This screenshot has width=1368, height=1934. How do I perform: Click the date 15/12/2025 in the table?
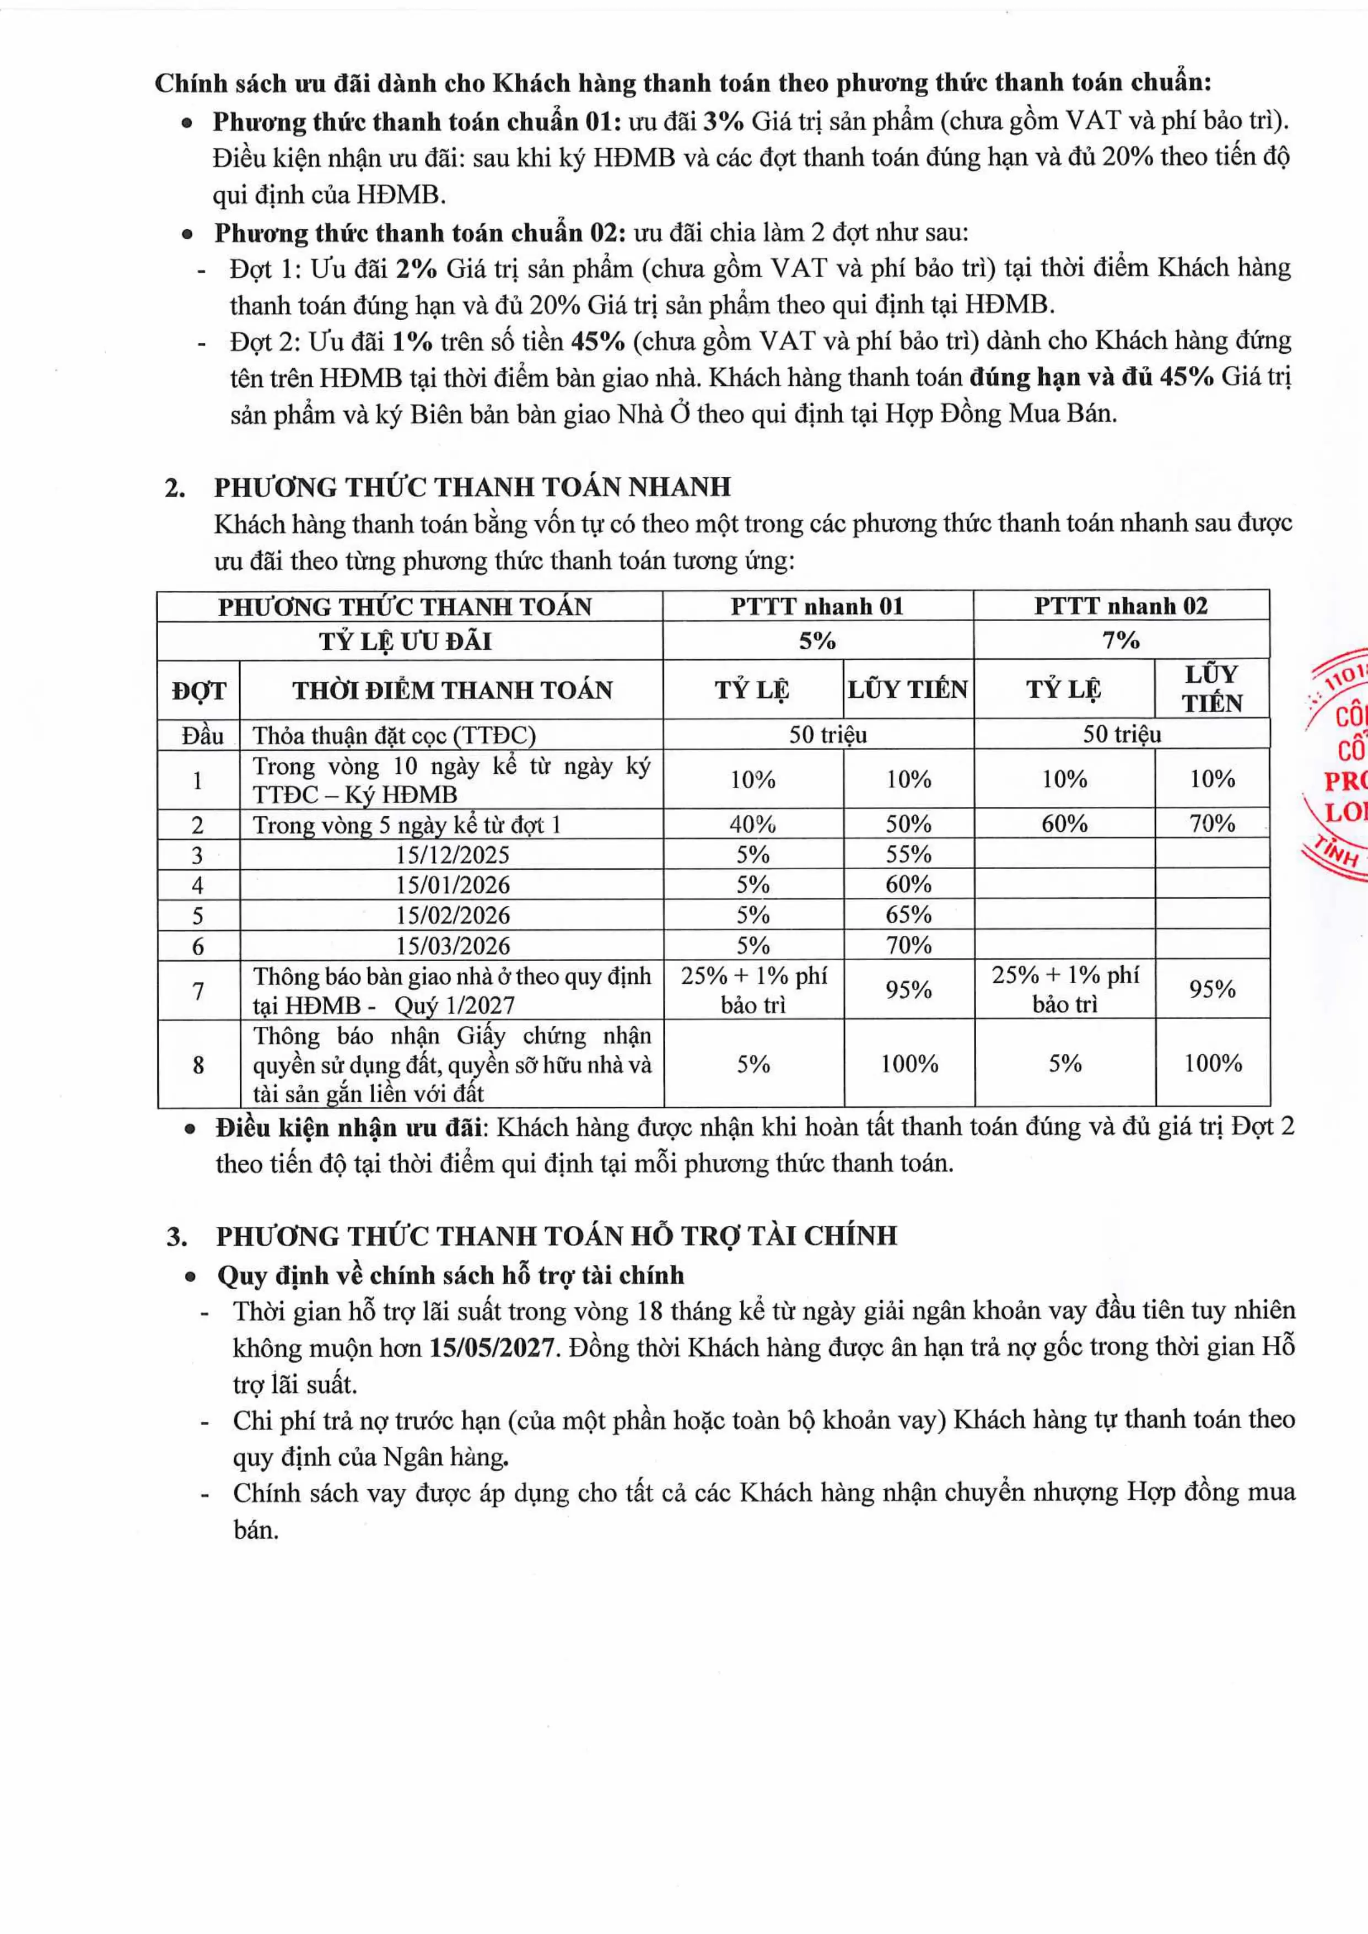(x=453, y=855)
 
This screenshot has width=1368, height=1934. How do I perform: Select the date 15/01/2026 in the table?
(x=453, y=885)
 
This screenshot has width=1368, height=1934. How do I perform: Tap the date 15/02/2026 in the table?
(x=453, y=915)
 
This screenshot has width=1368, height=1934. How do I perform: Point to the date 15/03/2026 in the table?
(x=453, y=946)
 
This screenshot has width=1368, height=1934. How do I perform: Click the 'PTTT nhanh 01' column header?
(x=816, y=606)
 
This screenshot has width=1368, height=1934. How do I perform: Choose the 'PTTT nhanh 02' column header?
(x=1121, y=606)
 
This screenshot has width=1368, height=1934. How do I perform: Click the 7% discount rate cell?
(x=1121, y=641)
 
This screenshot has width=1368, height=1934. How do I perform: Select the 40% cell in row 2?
(x=752, y=824)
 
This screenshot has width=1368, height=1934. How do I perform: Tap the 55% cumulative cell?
(x=908, y=855)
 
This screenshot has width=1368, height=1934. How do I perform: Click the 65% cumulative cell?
(x=908, y=915)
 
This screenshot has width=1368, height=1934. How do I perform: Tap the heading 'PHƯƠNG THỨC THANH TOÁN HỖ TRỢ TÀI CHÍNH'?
(x=556, y=1237)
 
